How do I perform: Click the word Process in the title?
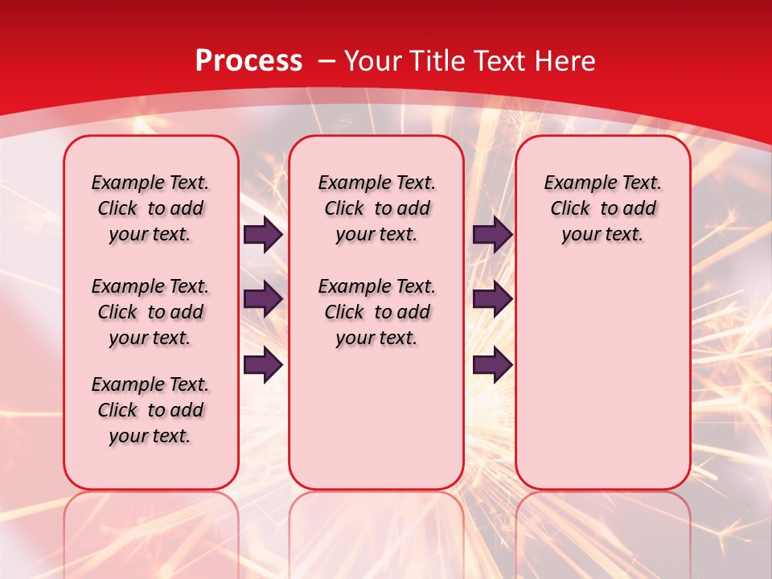point(248,60)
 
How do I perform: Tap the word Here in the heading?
point(565,60)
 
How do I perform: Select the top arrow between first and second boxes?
point(263,235)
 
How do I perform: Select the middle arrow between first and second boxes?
point(263,300)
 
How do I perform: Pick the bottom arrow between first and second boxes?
point(263,365)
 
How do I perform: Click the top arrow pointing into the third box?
point(492,235)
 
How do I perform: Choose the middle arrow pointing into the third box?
point(492,300)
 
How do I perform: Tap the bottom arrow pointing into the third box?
point(492,365)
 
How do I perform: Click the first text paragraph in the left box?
point(150,208)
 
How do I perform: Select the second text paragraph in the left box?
point(150,312)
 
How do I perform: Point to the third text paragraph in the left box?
point(150,410)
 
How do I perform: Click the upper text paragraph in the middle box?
point(376,208)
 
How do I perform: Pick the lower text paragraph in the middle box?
point(376,312)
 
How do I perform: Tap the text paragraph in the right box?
point(602,208)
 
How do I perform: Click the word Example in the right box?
point(576,183)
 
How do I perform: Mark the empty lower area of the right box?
point(602,370)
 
